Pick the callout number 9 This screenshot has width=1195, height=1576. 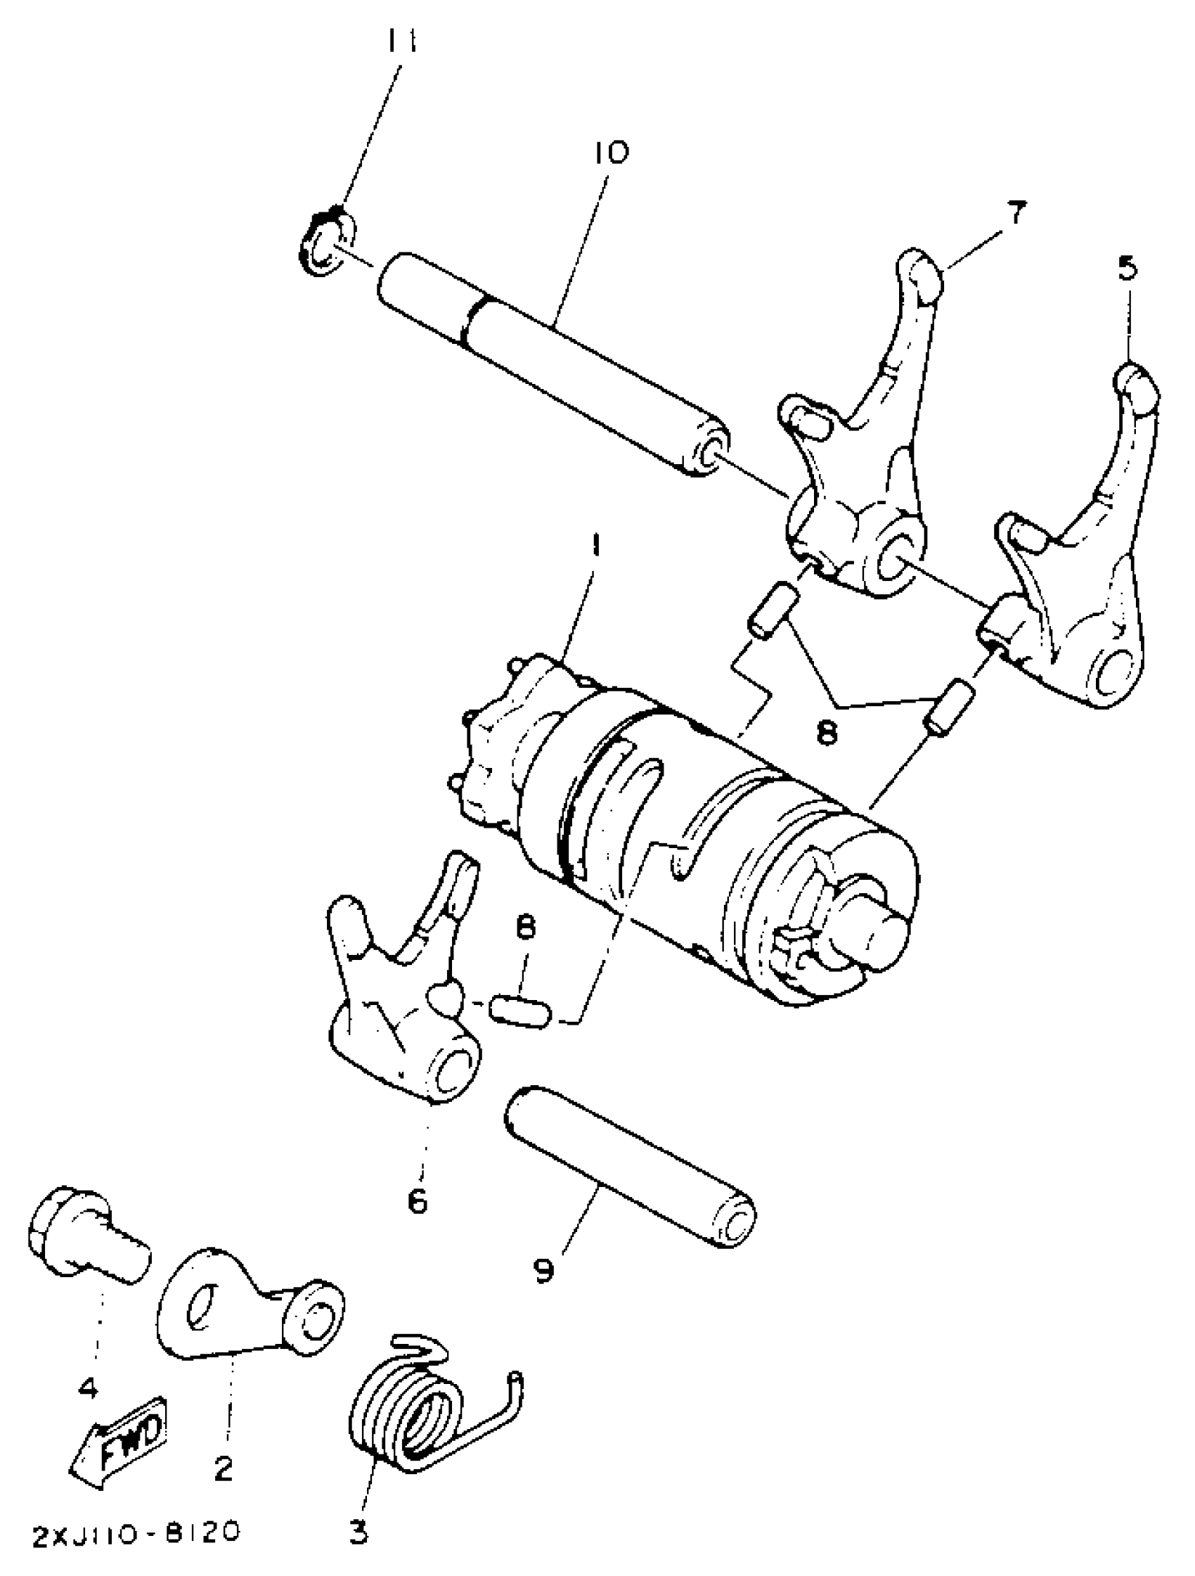pyautogui.click(x=543, y=1269)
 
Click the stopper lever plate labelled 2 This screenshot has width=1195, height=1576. pyautogui.click(x=242, y=1307)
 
